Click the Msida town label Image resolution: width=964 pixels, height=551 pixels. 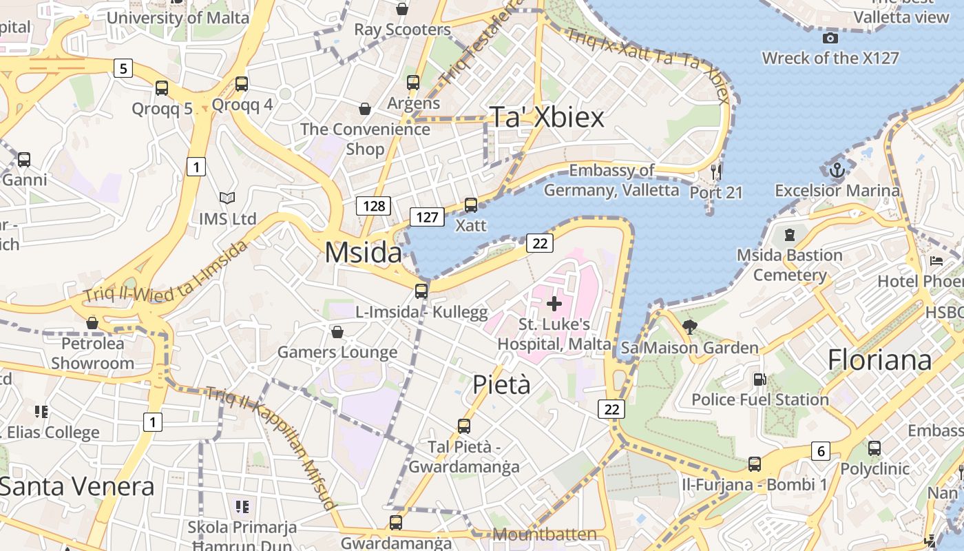point(363,253)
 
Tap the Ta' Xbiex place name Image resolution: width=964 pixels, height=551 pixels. point(547,117)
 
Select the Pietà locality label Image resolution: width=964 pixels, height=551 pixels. point(501,384)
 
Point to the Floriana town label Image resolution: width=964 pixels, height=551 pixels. point(879,360)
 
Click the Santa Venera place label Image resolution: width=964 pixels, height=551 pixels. point(76,486)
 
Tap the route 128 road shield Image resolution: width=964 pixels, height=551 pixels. point(374,205)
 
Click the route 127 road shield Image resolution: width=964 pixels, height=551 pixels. point(427,217)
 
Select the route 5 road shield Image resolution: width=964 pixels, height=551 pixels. point(123,68)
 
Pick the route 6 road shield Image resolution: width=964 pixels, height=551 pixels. point(820,451)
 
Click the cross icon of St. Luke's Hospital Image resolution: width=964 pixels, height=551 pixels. point(554,303)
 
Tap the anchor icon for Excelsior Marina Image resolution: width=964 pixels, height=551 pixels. point(837,169)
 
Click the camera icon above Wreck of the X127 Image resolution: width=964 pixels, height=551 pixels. point(830,38)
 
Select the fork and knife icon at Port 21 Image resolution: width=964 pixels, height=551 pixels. point(716,171)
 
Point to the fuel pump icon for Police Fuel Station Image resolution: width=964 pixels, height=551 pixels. point(759,379)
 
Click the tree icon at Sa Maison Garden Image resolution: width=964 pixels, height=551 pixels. point(689,326)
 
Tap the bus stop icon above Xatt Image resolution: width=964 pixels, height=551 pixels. point(471,205)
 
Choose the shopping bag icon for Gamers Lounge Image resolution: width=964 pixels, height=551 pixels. point(337,332)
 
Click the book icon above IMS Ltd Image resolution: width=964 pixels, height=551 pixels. point(227,198)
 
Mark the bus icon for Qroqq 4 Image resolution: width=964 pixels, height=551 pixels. point(242,84)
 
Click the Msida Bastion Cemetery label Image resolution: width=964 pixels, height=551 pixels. point(789,265)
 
